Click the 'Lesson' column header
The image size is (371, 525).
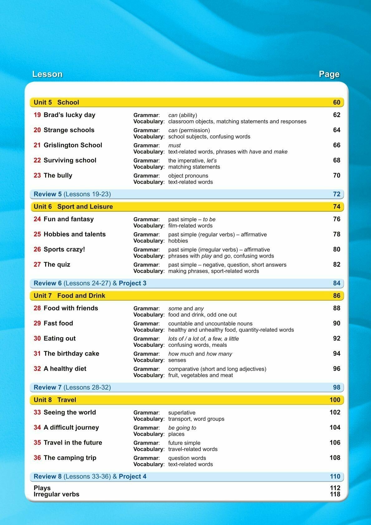click(47, 74)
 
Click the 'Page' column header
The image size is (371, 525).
click(329, 74)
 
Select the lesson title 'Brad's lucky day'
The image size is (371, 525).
click(69, 115)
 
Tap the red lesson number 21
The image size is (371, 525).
click(37, 145)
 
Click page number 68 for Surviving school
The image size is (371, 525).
click(336, 160)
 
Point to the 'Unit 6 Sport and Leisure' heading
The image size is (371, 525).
click(73, 207)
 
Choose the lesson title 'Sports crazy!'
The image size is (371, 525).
click(64, 249)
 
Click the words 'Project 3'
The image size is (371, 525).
click(132, 283)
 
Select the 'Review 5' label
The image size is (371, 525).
click(47, 194)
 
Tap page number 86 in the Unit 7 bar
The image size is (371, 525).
click(336, 296)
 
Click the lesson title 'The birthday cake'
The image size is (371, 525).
click(71, 353)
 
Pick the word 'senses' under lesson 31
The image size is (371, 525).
click(177, 360)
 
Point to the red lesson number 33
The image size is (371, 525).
click(37, 412)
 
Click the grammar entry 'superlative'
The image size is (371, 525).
click(182, 413)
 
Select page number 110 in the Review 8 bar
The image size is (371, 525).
click(335, 476)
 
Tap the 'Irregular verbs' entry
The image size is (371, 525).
click(56, 494)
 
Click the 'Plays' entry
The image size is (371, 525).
click(42, 488)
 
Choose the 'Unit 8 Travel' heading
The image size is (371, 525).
click(55, 400)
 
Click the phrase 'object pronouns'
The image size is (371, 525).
click(188, 176)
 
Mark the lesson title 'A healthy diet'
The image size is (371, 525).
click(65, 369)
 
